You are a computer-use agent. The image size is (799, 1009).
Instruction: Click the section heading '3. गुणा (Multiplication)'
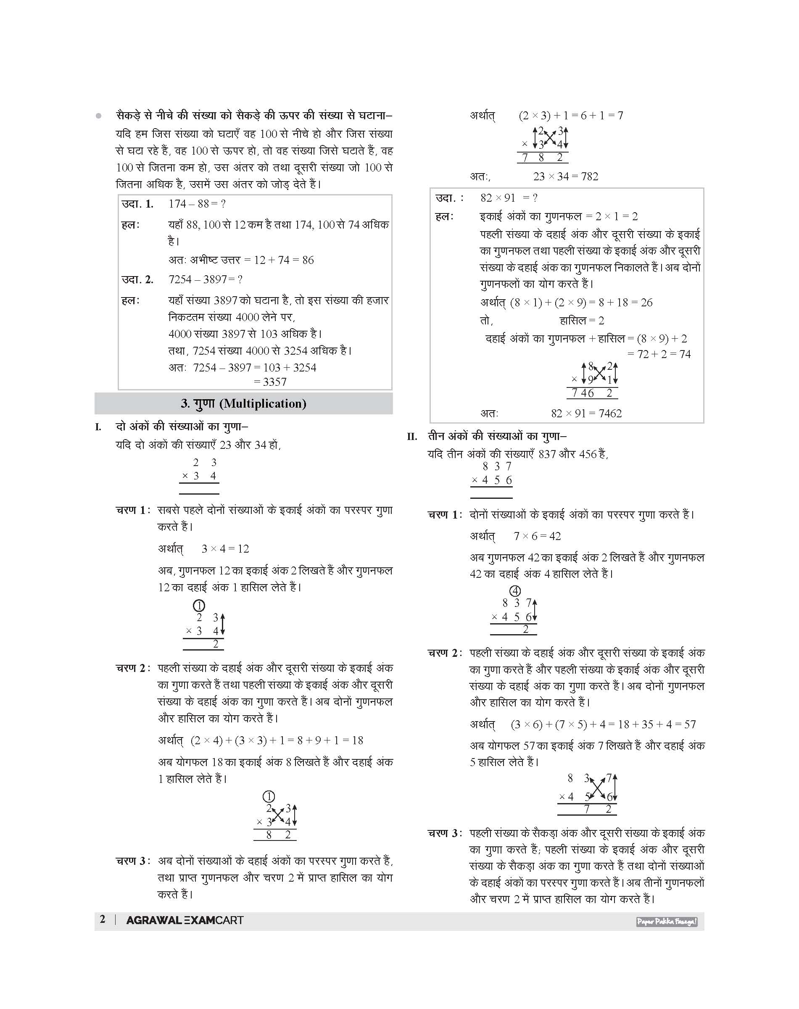[243, 404]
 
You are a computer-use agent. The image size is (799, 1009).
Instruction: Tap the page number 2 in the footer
[103, 919]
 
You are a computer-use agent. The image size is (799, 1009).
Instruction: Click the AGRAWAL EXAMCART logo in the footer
[185, 920]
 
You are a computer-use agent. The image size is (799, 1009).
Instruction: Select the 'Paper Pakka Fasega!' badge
[666, 922]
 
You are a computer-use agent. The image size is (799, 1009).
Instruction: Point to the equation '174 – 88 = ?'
[197, 204]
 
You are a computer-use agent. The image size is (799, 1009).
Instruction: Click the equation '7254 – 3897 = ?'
[206, 280]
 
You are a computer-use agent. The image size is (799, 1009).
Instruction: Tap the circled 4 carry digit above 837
[514, 591]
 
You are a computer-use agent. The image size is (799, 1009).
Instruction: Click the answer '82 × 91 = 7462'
[586, 414]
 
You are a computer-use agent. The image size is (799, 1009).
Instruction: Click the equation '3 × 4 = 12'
[225, 549]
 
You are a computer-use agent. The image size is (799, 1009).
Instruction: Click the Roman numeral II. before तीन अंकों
[411, 437]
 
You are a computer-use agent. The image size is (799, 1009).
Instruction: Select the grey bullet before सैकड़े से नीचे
[98, 116]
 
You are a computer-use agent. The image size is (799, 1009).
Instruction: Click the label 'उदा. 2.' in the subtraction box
[137, 280]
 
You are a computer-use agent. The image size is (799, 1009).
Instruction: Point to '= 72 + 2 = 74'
[659, 354]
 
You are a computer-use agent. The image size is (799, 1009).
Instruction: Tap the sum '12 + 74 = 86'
[283, 260]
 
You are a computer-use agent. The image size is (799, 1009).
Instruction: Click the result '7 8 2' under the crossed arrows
[543, 158]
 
